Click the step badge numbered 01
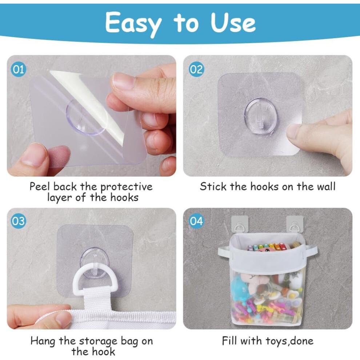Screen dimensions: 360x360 click(x=18, y=69)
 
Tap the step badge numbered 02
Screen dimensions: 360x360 click(x=196, y=69)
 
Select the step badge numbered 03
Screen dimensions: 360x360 click(x=18, y=221)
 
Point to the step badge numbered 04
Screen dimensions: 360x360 click(x=196, y=221)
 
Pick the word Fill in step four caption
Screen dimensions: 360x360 click(x=229, y=341)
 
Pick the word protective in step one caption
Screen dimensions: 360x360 click(x=126, y=187)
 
